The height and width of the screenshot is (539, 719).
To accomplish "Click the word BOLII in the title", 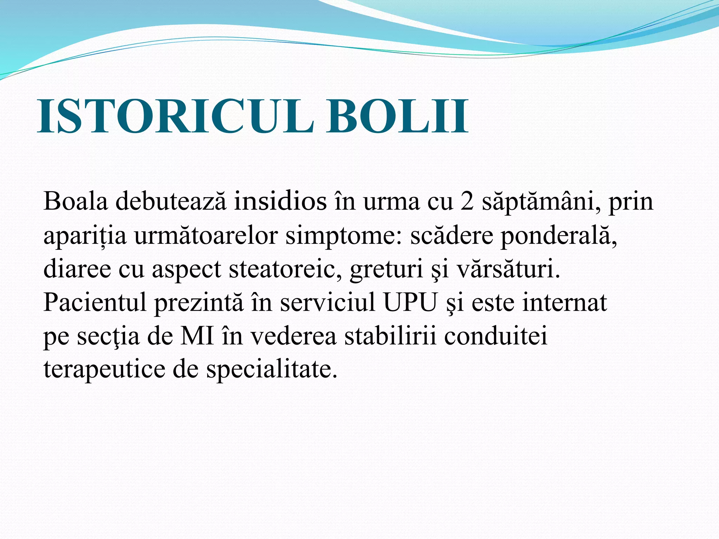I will point(397,117).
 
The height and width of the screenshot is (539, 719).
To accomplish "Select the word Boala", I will point(75,201).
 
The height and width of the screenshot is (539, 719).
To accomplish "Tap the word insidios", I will point(280,201).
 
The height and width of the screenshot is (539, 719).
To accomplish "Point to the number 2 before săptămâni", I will point(467,201).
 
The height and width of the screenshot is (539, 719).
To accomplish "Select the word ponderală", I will point(559,236).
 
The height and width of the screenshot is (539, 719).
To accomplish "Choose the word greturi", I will point(386,269).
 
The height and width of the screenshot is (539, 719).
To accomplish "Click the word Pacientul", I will point(95,302).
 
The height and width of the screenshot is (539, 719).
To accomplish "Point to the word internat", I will point(565,302).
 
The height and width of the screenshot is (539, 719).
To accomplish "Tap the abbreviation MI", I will point(197,336).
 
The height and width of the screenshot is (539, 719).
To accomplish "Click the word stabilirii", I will point(390,336).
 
